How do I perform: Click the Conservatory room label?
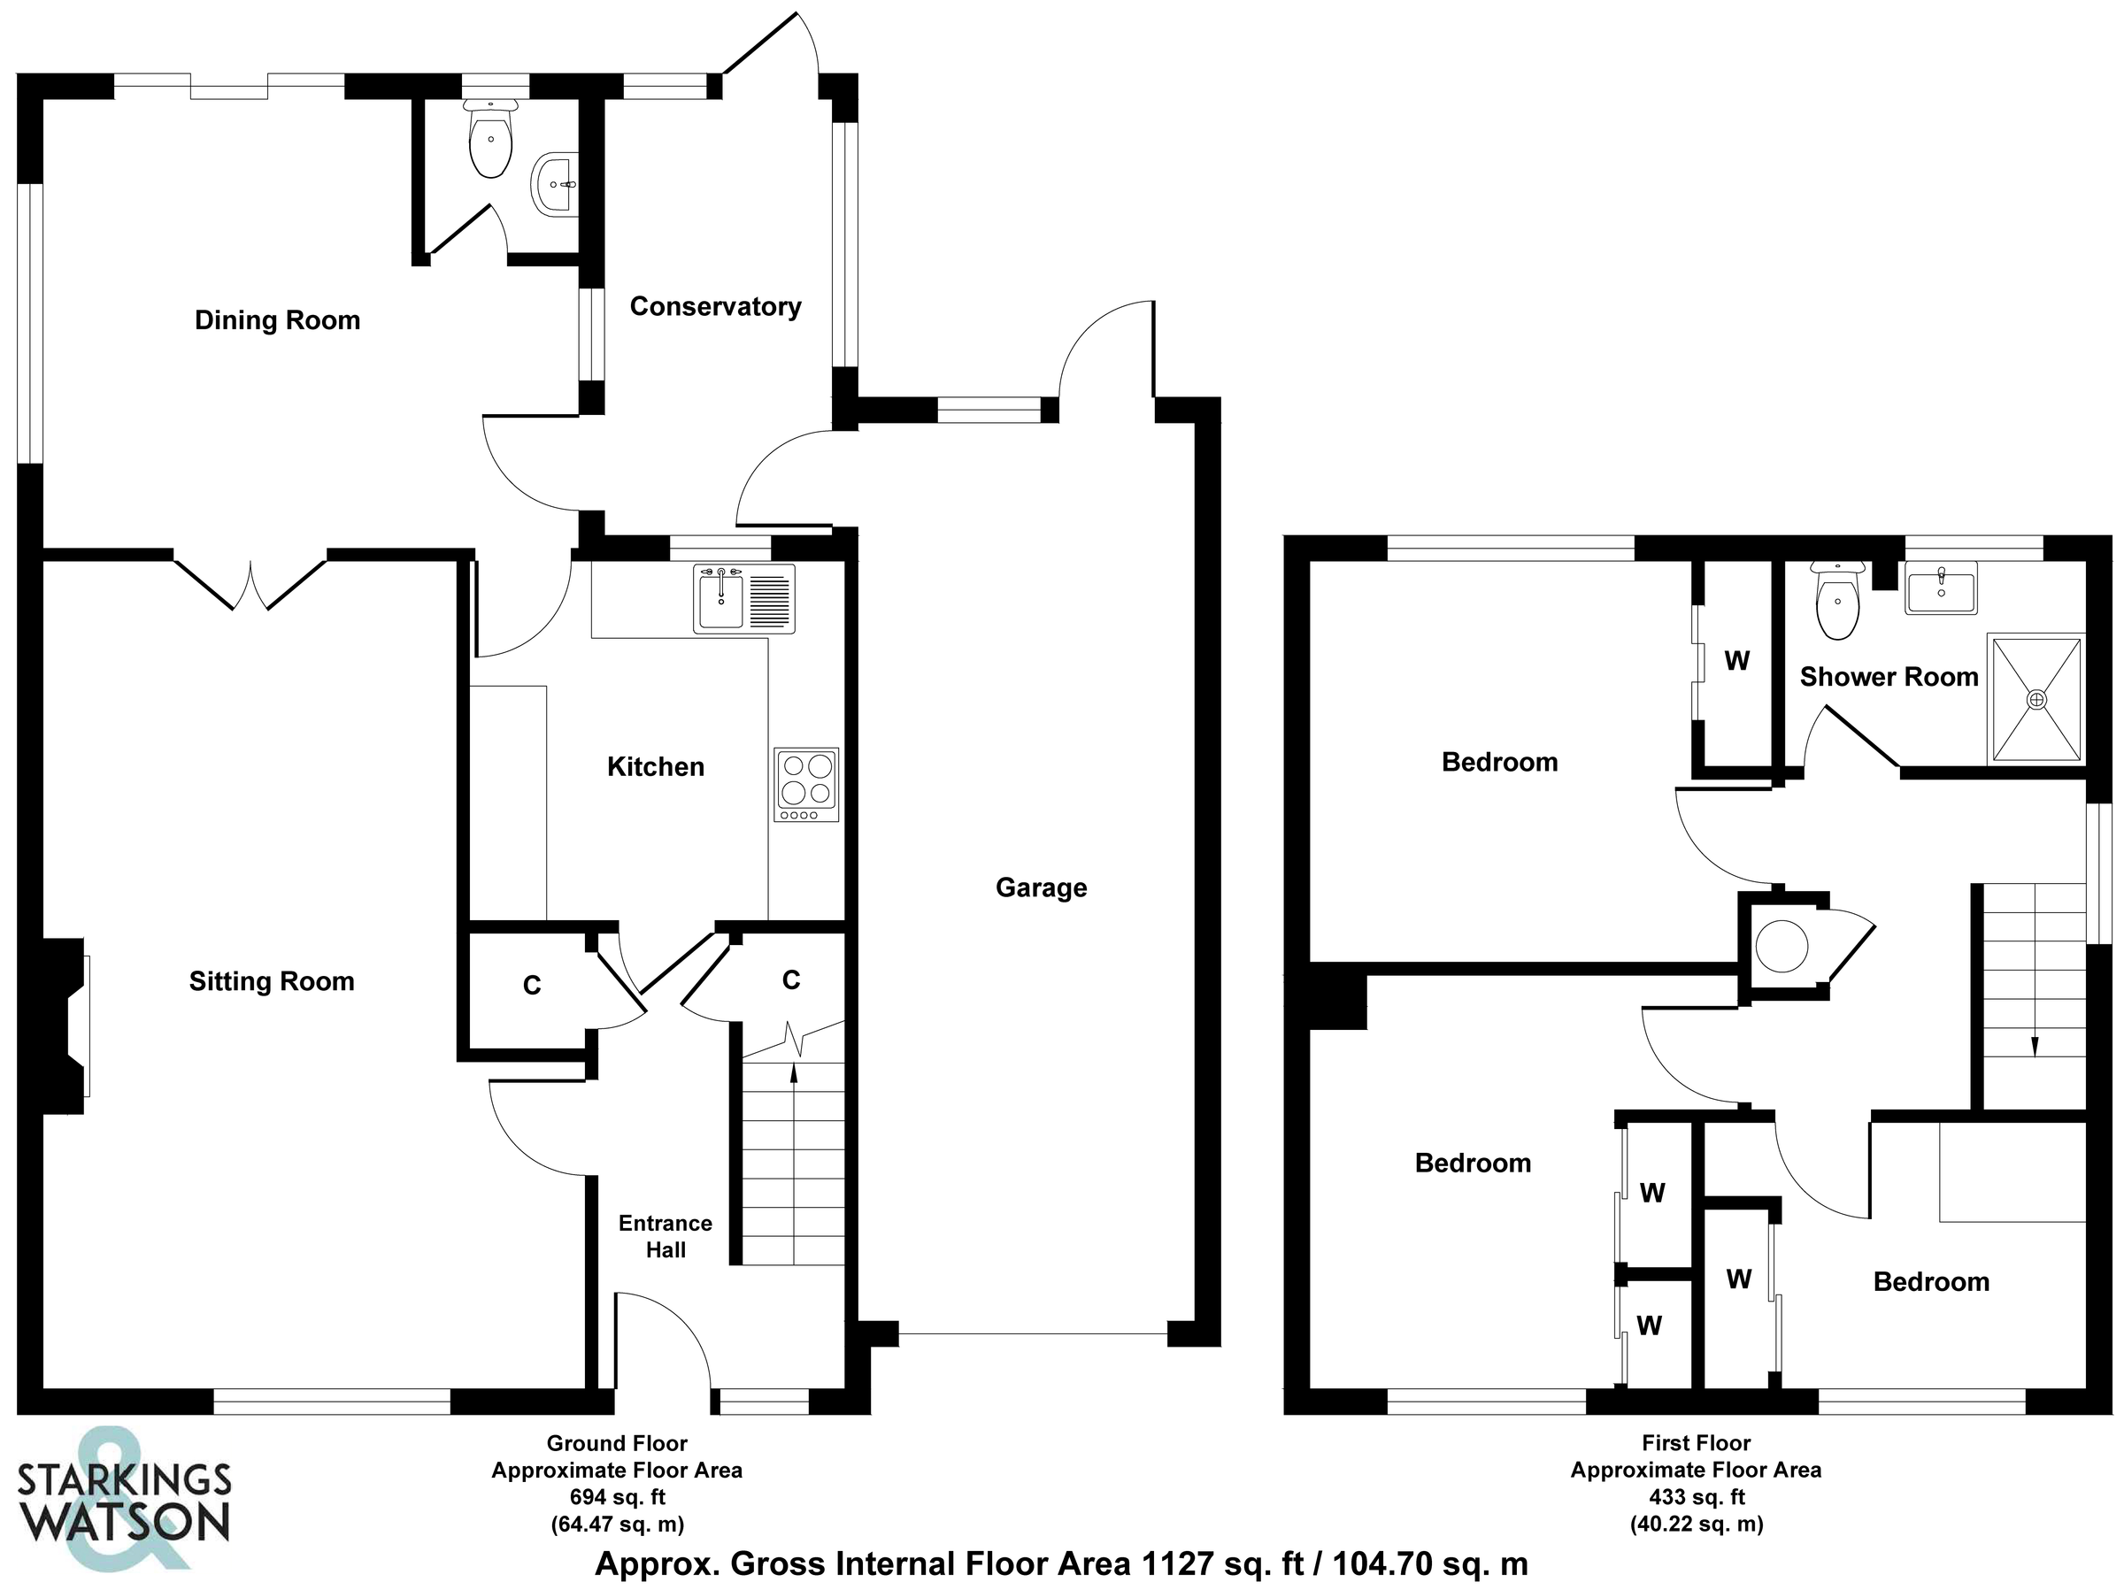click(x=714, y=306)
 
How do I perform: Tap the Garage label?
click(x=1041, y=887)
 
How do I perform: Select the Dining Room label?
click(x=278, y=319)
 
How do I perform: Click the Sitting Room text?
click(x=272, y=981)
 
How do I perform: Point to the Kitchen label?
click(x=656, y=766)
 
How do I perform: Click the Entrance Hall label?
click(x=666, y=1236)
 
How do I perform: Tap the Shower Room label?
click(x=1888, y=677)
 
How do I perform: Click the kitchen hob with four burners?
click(x=805, y=785)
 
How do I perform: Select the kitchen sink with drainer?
click(x=744, y=599)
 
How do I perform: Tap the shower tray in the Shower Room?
click(x=2035, y=700)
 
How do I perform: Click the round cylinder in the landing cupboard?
click(x=1782, y=947)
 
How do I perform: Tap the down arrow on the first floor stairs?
click(x=2034, y=1045)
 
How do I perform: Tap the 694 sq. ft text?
click(x=617, y=1497)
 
